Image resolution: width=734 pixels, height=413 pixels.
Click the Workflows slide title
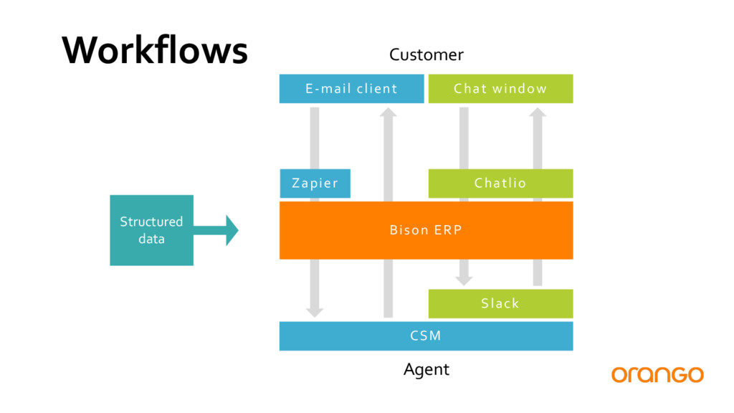(x=155, y=50)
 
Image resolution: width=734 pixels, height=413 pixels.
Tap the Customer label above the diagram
(x=426, y=54)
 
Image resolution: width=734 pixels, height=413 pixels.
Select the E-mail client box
(x=351, y=88)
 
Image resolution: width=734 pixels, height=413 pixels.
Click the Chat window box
(x=500, y=88)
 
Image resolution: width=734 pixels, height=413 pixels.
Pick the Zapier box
(x=315, y=183)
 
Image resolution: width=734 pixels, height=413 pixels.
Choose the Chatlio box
(x=500, y=183)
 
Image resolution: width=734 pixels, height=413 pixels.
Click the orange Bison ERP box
(x=426, y=230)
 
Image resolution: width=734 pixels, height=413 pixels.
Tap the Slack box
(x=500, y=303)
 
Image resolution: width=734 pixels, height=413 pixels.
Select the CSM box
(x=426, y=336)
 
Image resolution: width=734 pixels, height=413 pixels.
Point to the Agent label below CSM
(x=426, y=369)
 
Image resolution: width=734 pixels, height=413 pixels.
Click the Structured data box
(x=152, y=230)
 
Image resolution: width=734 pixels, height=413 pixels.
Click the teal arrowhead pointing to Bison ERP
(x=232, y=230)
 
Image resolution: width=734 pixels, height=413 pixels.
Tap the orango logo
(x=657, y=374)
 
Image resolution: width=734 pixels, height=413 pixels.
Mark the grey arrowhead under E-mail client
(x=388, y=113)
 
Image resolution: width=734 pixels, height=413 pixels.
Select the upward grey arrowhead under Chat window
(x=538, y=113)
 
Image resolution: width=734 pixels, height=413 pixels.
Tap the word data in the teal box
(x=152, y=239)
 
